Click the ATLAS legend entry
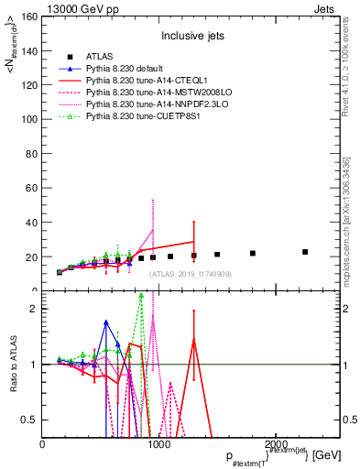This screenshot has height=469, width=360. coord(101,57)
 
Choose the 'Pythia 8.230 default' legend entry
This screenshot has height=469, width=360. coord(128,69)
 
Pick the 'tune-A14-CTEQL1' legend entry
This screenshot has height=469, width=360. coord(147,81)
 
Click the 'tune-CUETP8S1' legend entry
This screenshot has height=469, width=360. coord(142,116)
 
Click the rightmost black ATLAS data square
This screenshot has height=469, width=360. coord(305,251)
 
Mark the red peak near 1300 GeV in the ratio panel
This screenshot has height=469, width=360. coord(193,339)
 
